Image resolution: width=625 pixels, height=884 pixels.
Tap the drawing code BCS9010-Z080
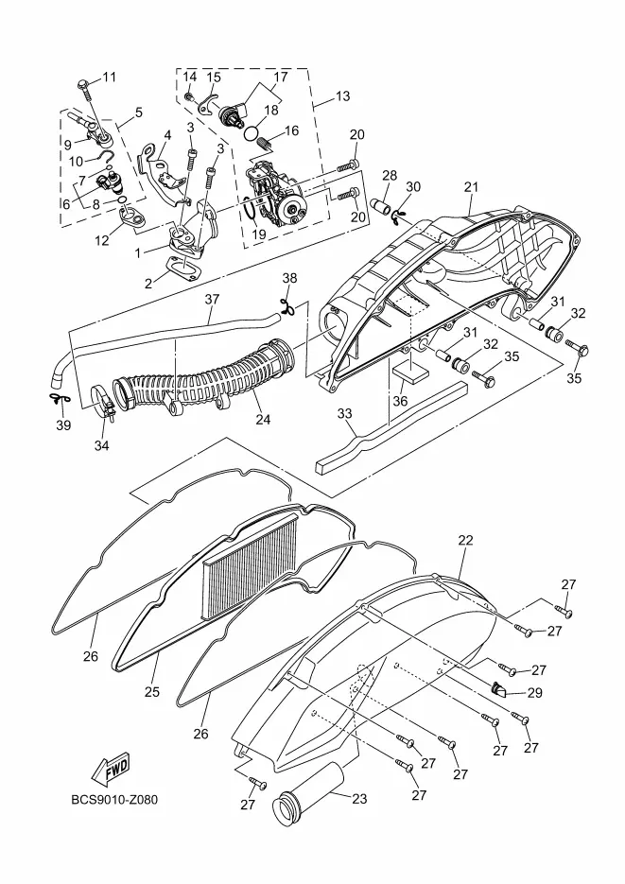click(x=114, y=800)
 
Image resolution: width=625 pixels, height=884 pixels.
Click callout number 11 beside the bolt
click(x=109, y=77)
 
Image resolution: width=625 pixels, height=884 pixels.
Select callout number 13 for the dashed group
click(x=342, y=95)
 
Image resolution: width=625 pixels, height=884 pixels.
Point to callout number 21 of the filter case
click(x=471, y=187)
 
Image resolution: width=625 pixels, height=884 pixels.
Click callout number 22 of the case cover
click(x=465, y=540)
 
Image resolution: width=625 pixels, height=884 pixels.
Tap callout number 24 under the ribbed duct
click(x=263, y=420)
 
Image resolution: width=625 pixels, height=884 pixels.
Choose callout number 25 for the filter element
click(x=151, y=692)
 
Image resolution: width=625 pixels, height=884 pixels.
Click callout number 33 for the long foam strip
click(x=344, y=414)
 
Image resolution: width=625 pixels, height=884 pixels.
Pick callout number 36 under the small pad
click(x=400, y=401)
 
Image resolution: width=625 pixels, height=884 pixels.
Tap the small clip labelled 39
click(x=59, y=399)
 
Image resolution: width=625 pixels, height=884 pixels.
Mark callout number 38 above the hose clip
click(x=289, y=278)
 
